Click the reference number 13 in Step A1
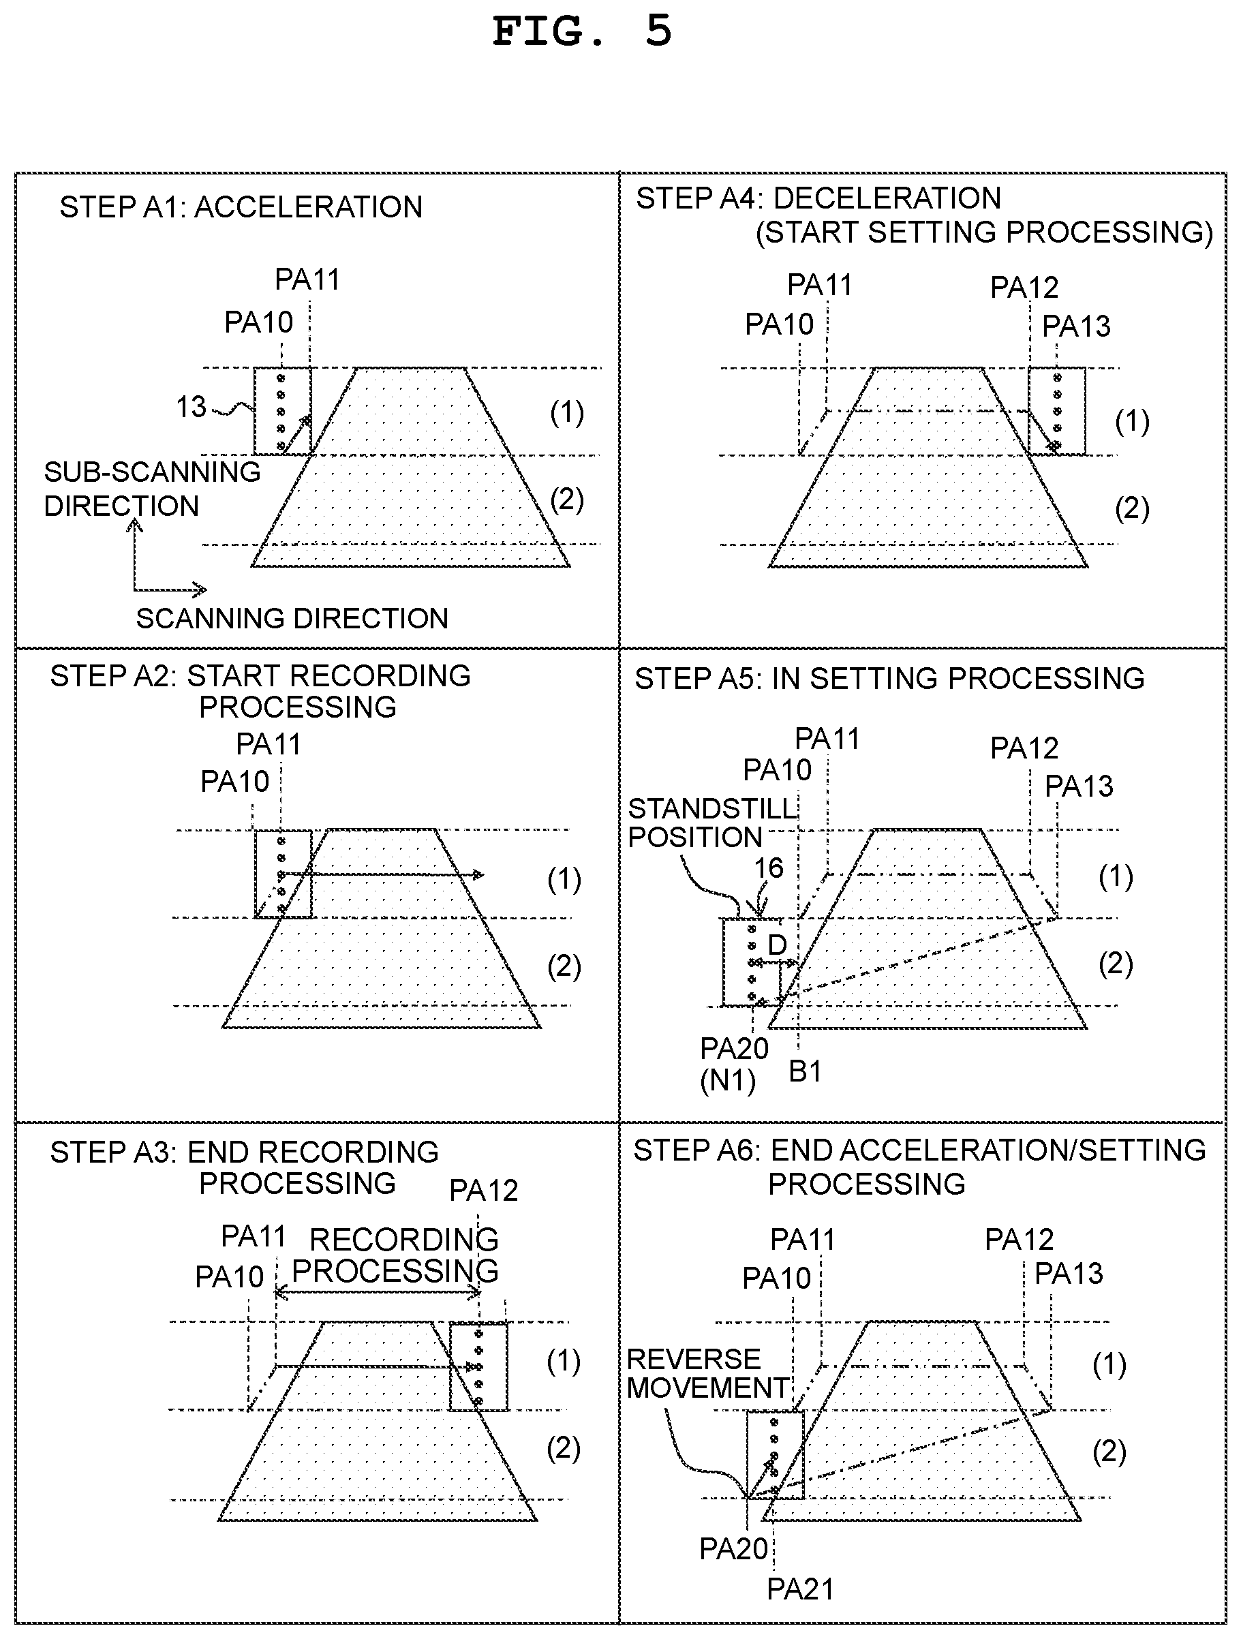coord(191,407)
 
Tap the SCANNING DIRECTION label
coord(292,618)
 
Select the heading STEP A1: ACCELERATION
coord(241,206)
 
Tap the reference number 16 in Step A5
coord(768,868)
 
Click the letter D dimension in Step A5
coord(776,945)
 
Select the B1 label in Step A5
coord(806,1071)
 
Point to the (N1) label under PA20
coord(729,1081)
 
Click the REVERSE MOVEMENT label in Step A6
coord(707,1373)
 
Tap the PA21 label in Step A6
coord(800,1589)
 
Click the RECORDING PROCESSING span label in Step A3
coord(396,1255)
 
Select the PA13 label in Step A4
coord(1077,326)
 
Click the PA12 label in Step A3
coord(484,1191)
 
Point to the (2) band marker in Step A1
coord(567,500)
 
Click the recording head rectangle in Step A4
coord(1056,410)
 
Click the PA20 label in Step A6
coord(734,1549)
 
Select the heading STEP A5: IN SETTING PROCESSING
coord(890,679)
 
